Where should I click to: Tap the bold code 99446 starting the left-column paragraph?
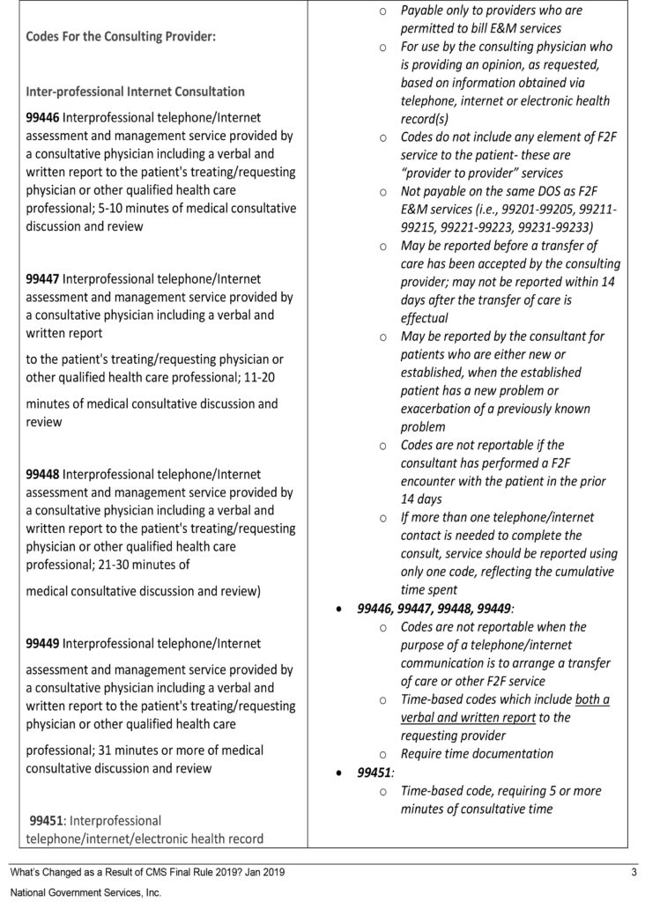pyautogui.click(x=43, y=116)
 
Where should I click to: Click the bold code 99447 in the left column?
pyautogui.click(x=43, y=278)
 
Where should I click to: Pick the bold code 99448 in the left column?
pyautogui.click(x=43, y=474)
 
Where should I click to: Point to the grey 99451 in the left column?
pyautogui.click(x=48, y=820)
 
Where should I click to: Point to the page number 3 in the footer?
pyautogui.click(x=634, y=872)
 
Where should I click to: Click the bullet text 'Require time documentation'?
pyautogui.click(x=477, y=753)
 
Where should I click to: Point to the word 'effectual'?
pyautogui.click(x=425, y=318)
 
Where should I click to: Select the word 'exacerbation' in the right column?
pyautogui.click(x=441, y=408)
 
